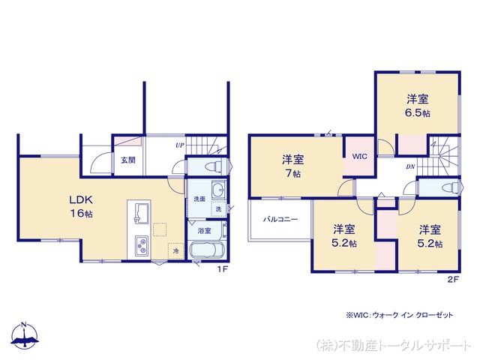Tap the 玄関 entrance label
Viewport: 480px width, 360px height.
pos(127,160)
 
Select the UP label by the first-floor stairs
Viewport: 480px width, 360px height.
pos(179,145)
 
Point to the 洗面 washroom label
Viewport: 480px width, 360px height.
pos(199,199)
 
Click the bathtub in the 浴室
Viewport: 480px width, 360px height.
pos(207,251)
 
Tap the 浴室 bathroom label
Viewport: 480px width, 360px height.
pos(205,231)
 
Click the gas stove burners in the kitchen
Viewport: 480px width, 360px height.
pos(142,245)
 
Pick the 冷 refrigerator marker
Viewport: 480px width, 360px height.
pos(175,251)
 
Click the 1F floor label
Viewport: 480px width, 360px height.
pos(222,269)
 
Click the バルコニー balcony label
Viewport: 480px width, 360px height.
pos(280,220)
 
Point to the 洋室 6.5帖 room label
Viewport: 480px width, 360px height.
pos(418,106)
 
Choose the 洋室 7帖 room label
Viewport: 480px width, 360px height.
pos(292,166)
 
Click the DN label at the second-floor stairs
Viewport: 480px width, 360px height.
pos(411,166)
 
